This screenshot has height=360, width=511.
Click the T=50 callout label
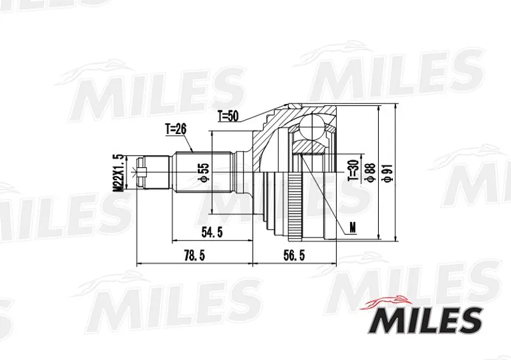[x=229, y=116]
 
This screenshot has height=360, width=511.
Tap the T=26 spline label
[x=176, y=130]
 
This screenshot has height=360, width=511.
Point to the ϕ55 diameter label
[x=204, y=172]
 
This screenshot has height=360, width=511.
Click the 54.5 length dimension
[x=212, y=232]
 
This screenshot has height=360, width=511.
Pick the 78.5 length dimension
[x=195, y=256]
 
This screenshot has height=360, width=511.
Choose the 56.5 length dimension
[x=294, y=256]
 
